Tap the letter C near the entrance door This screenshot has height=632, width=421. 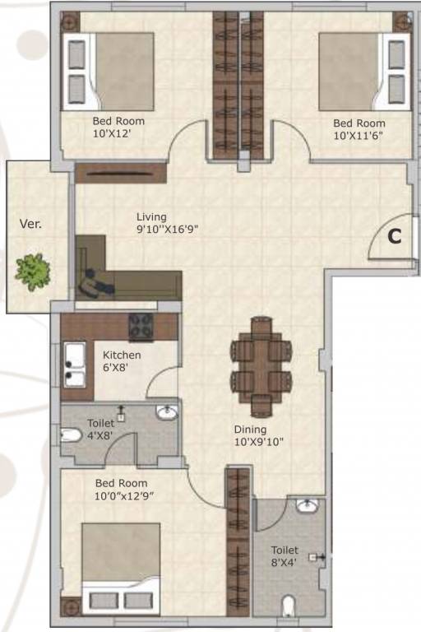395,236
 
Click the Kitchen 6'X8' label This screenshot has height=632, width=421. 122,361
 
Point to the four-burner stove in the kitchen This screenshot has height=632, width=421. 141,327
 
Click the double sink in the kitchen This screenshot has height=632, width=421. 74,366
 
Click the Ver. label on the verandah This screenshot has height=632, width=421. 31,223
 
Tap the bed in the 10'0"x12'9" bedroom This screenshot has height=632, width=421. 119,568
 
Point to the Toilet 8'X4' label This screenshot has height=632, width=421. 285,557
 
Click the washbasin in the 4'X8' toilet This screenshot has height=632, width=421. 168,412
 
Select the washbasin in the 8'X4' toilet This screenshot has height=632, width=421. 307,506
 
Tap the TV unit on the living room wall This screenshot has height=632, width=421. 120,173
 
